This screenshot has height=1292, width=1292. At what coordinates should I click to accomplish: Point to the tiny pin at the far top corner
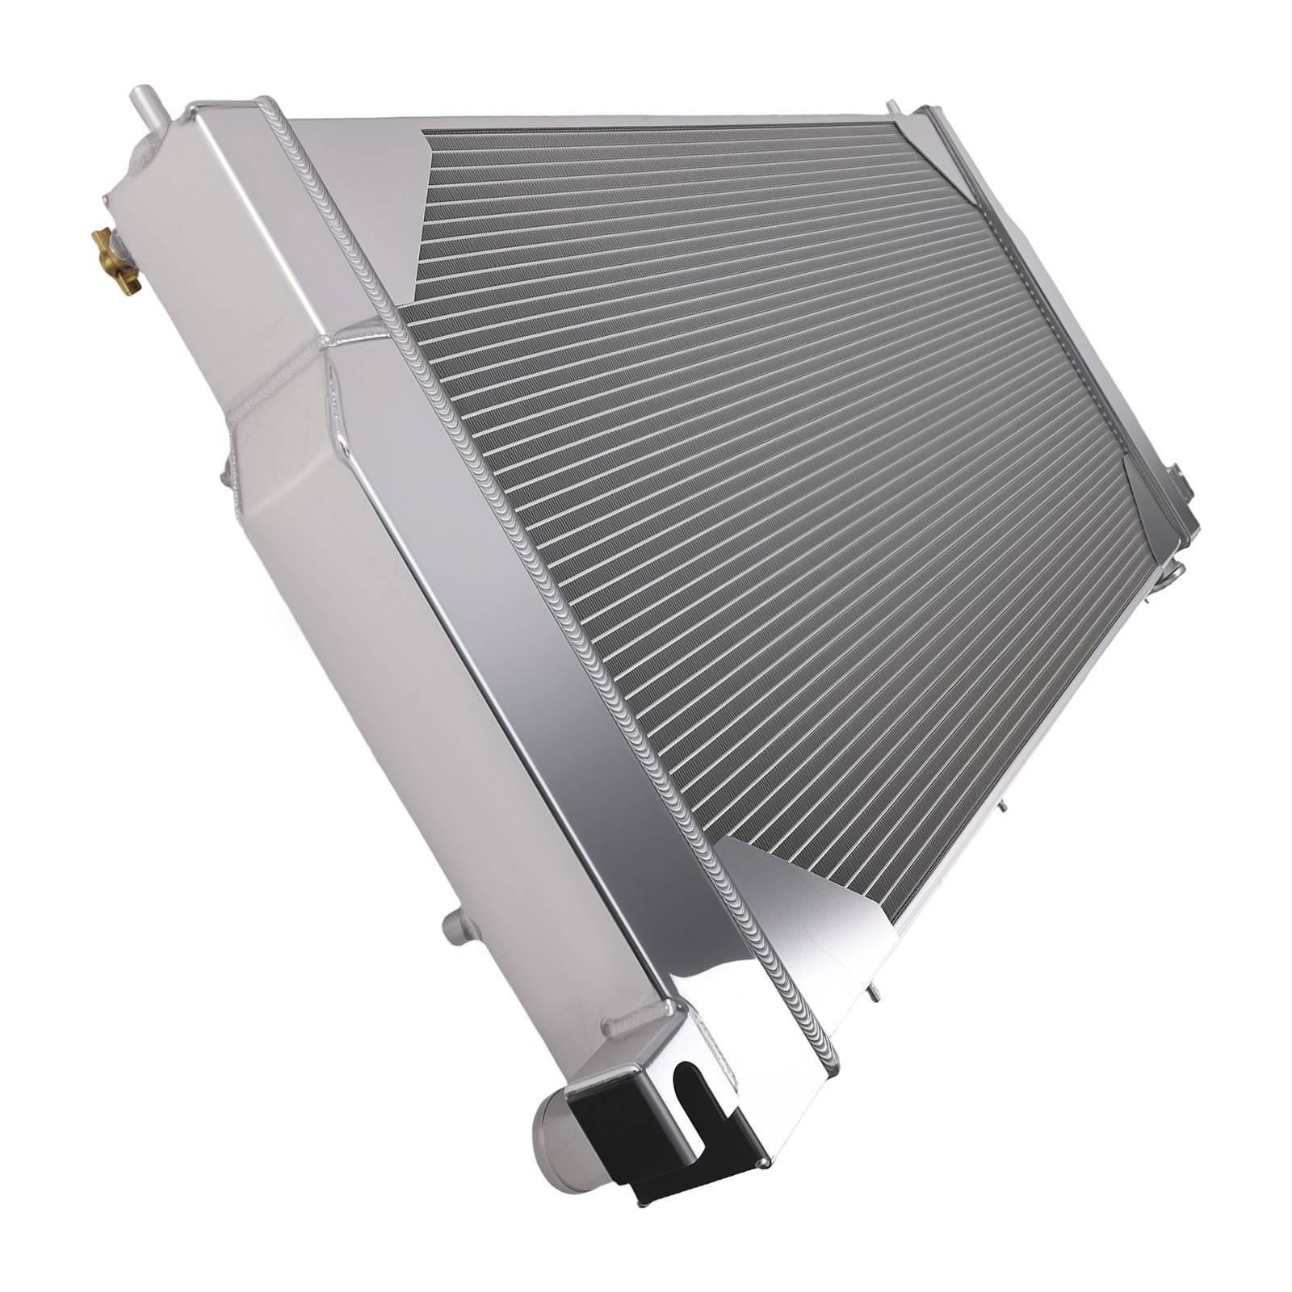click(893, 107)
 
